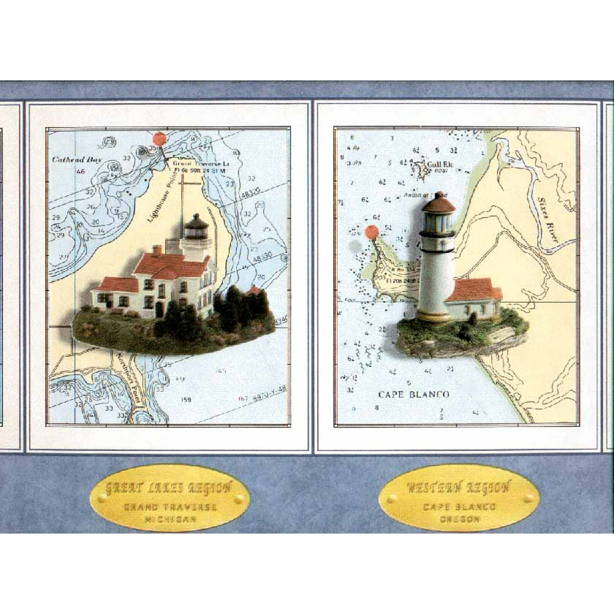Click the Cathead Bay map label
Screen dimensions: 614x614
(76, 160)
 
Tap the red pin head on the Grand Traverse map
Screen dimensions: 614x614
(160, 139)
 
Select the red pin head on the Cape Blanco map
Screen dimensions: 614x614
(371, 232)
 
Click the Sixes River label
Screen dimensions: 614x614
(547, 219)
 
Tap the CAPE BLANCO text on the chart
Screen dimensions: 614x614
(414, 394)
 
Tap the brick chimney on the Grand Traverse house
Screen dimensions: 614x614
(157, 250)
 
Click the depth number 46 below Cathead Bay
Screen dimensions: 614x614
(81, 172)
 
